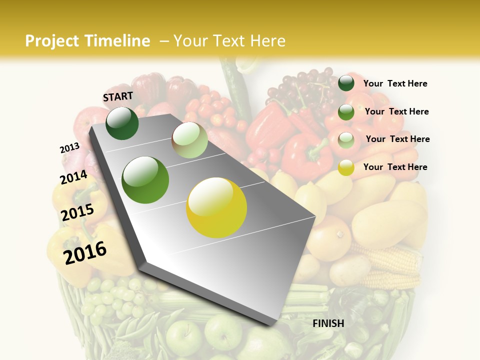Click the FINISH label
click(328, 323)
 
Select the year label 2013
click(69, 148)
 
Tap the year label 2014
click(73, 177)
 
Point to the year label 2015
click(77, 212)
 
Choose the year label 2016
click(85, 253)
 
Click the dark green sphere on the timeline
click(122, 123)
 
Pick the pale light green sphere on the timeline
click(189, 140)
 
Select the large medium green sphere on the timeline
click(145, 180)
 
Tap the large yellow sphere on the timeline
click(216, 207)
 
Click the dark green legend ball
click(346, 83)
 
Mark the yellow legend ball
click(346, 168)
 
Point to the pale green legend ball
click(346, 140)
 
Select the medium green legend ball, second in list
click(346, 112)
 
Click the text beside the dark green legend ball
click(395, 83)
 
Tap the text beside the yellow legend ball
click(395, 167)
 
